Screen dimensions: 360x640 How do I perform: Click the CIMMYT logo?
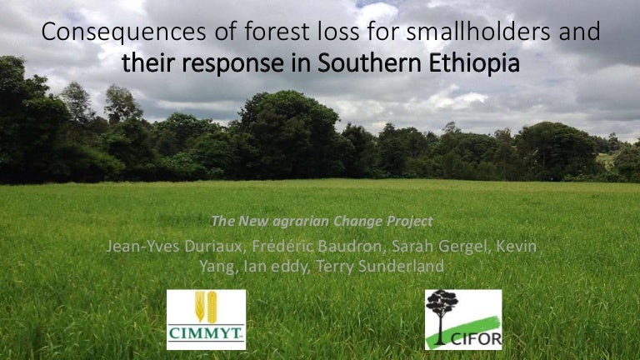(x=206, y=319)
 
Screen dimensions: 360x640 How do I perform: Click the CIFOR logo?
(x=463, y=319)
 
